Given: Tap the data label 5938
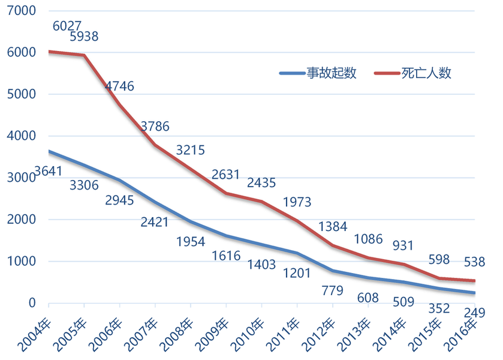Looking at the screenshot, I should tap(84, 37).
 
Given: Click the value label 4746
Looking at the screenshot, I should tap(120, 86).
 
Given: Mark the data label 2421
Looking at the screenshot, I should tap(154, 223).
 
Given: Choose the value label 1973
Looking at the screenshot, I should tap(297, 202).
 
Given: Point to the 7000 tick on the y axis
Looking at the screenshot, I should tap(22, 11).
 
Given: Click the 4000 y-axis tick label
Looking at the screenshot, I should tap(22, 136).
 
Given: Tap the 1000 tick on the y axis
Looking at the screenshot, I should tap(22, 262).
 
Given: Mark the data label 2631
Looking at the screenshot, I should tap(225, 175).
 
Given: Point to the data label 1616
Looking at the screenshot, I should tap(225, 256).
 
